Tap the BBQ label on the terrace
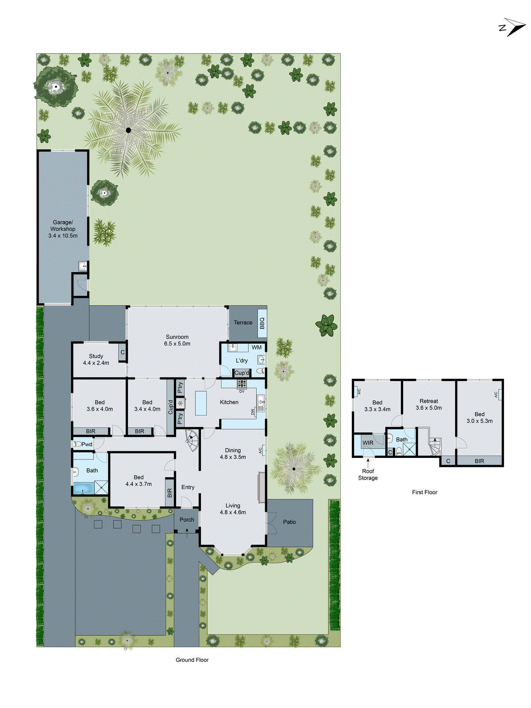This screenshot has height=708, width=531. click(262, 323)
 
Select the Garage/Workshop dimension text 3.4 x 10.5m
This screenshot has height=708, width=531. click(63, 236)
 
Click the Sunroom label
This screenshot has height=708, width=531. click(177, 337)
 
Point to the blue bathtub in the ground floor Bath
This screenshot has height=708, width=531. click(84, 489)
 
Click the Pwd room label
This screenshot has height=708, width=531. click(87, 444)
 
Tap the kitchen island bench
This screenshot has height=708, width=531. click(201, 403)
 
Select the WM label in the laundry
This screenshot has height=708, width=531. click(257, 347)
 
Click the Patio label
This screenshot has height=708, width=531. click(289, 522)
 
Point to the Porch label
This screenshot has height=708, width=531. click(187, 519)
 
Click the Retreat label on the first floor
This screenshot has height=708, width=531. click(429, 401)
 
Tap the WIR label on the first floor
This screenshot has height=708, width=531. click(368, 442)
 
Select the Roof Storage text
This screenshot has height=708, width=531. click(368, 474)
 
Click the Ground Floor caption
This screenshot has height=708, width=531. click(192, 660)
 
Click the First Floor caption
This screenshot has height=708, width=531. click(424, 492)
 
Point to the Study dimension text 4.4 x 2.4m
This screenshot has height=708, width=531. click(96, 363)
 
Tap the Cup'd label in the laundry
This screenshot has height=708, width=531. click(242, 373)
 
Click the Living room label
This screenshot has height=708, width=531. click(233, 505)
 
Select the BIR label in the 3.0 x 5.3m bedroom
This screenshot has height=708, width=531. click(479, 461)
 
